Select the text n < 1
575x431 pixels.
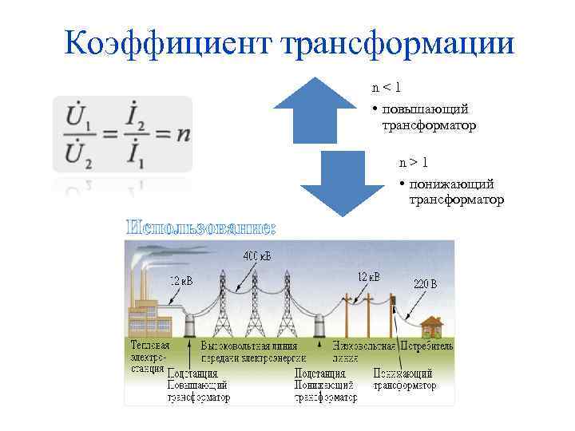point(386,85)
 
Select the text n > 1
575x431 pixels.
point(414,163)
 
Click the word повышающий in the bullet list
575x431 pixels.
point(424,109)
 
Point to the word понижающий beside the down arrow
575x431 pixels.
point(452,184)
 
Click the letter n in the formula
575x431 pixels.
point(183,133)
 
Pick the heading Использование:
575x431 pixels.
point(200,228)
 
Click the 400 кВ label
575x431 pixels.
point(256,256)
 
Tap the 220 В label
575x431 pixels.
point(425,283)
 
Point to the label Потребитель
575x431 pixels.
point(426,346)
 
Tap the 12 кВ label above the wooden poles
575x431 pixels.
point(368,277)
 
